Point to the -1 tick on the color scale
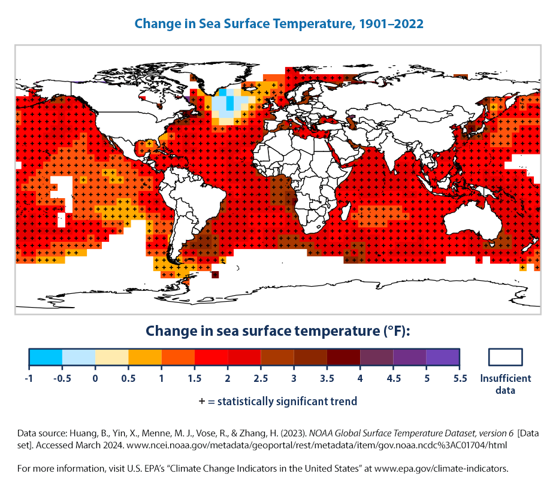click(x=29, y=378)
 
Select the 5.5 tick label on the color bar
click(x=459, y=378)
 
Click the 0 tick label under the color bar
click(x=95, y=378)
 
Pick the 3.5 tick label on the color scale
click(x=327, y=378)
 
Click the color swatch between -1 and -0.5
click(x=46, y=357)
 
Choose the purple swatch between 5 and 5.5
click(x=443, y=357)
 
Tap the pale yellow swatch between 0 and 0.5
click(x=112, y=357)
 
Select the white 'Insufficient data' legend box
click(x=506, y=357)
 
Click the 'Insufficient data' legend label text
click(x=506, y=384)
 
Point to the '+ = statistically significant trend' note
click(x=278, y=401)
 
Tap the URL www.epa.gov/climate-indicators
click(x=457, y=468)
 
